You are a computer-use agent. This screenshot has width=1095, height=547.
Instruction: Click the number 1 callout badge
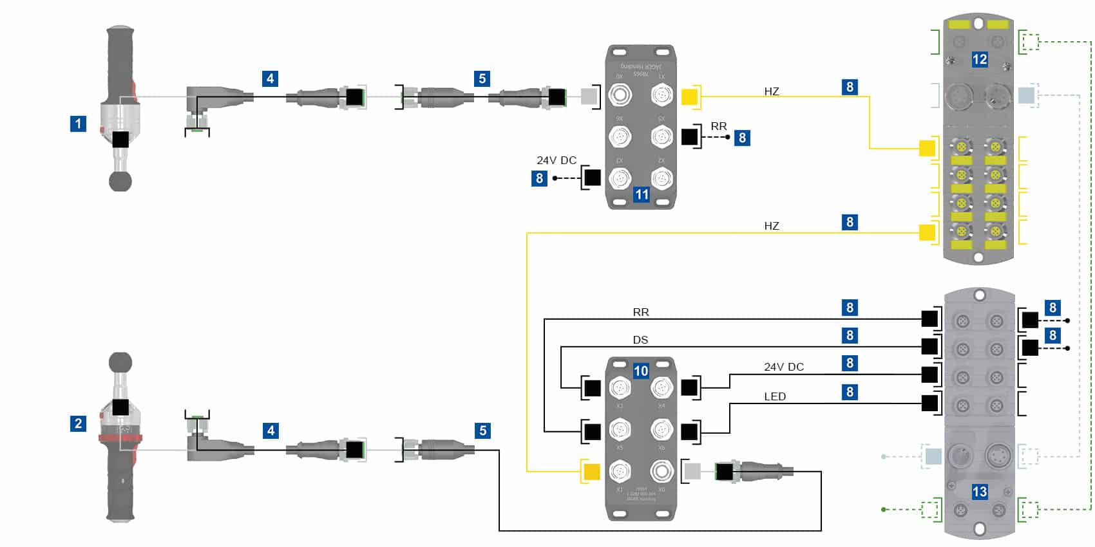coord(78,124)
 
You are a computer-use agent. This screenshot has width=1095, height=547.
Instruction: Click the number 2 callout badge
coord(78,423)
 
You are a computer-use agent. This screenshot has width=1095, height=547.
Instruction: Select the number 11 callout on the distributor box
coord(642,194)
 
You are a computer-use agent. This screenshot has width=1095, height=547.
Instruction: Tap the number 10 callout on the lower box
coord(640,371)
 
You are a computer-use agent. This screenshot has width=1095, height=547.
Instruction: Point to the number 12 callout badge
coord(979,60)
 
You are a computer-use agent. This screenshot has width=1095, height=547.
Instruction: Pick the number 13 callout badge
coord(979,492)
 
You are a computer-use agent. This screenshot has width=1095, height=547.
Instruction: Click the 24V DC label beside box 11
coord(557,160)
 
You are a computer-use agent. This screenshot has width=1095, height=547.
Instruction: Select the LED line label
coord(775,396)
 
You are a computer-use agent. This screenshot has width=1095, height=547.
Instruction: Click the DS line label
coord(640,340)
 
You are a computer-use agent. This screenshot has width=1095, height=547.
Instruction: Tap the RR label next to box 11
coord(719,126)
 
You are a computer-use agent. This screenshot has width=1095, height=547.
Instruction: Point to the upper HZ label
coord(772,91)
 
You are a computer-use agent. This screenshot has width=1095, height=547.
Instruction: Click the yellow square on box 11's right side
coord(689,97)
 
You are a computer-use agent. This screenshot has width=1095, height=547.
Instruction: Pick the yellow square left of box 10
coord(591,472)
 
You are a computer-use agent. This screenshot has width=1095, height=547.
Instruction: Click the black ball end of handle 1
coord(120,181)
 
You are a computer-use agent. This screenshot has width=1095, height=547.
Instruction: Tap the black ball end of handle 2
coord(120,363)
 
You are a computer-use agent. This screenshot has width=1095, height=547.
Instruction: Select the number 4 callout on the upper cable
coord(271,79)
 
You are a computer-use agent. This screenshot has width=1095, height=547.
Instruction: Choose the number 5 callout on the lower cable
coord(483,431)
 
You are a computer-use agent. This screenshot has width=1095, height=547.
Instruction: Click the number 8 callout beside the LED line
coord(850,392)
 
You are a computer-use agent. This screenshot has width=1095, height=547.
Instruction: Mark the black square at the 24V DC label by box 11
coord(592,178)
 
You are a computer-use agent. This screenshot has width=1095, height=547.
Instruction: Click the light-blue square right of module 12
coord(1026,96)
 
